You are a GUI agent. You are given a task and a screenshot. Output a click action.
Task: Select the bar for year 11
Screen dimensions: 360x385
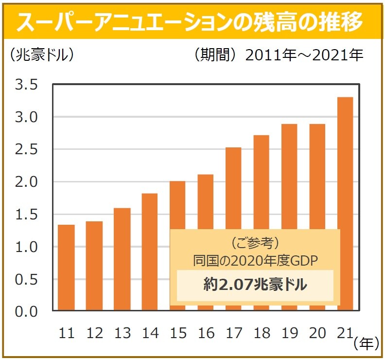[66, 268]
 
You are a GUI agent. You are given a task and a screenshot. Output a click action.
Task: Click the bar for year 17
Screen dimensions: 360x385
[234, 190]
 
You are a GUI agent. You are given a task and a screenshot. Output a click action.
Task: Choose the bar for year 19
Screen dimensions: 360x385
[290, 175]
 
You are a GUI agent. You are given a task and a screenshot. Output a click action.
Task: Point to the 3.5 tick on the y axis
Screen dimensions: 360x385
[26, 85]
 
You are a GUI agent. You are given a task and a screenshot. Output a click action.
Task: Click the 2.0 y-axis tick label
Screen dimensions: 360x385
[26, 182]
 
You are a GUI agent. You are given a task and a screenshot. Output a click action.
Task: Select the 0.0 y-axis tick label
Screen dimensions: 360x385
[26, 311]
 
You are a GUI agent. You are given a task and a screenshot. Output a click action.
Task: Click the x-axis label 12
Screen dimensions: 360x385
[94, 333]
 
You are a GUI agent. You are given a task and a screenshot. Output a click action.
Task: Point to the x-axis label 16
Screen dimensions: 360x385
[206, 333]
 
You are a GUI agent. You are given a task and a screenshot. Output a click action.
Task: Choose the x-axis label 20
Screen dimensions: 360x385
[317, 333]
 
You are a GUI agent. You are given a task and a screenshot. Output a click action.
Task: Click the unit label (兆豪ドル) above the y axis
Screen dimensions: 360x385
[42, 54]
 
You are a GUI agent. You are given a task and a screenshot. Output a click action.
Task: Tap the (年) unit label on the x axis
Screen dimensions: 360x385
[367, 343]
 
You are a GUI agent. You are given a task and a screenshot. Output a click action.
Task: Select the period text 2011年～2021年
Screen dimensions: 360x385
[305, 55]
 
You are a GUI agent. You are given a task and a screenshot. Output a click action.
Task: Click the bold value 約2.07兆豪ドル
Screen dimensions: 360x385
[255, 285]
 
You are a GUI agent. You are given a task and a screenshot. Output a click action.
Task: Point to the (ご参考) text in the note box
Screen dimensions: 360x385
[255, 242]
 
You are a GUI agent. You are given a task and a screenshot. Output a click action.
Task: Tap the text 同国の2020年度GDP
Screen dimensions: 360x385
[255, 260]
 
